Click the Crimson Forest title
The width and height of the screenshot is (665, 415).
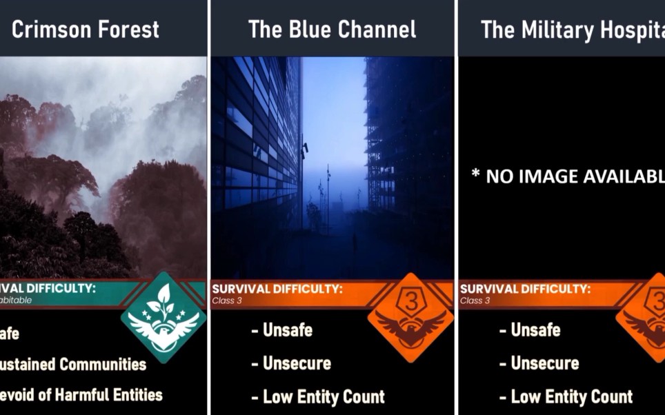click(x=86, y=30)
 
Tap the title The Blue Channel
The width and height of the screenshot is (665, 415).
click(x=332, y=30)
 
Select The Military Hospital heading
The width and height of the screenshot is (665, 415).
click(x=572, y=30)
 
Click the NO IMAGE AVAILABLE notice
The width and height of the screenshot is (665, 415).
click(x=567, y=176)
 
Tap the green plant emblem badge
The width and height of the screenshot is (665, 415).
click(x=163, y=317)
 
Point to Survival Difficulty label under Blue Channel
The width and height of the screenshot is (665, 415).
click(x=277, y=289)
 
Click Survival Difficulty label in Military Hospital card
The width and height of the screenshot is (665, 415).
click(x=525, y=289)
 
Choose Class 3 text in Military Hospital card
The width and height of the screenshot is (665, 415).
click(x=475, y=301)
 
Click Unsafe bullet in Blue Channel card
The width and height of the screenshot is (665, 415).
click(x=281, y=330)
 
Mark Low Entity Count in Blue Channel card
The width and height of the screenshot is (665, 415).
click(x=317, y=396)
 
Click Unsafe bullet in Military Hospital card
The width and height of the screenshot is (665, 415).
click(x=530, y=330)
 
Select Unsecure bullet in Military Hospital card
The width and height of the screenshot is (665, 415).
click(x=539, y=363)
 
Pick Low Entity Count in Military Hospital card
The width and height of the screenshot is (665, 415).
click(x=566, y=396)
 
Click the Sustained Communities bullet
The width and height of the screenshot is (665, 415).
click(x=72, y=364)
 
